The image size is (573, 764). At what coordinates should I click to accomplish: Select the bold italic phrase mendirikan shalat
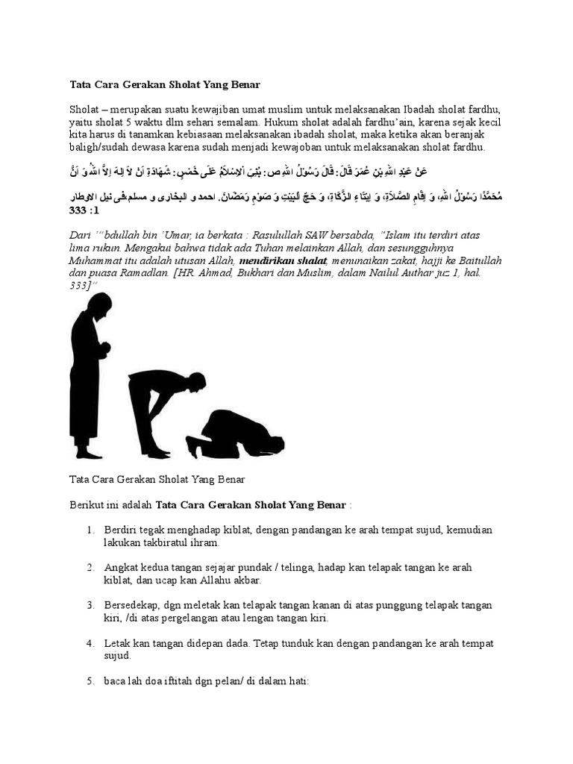coord(283,260)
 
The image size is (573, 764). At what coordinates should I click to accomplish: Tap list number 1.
coord(90,530)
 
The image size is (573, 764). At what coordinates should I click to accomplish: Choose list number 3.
coord(90,605)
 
